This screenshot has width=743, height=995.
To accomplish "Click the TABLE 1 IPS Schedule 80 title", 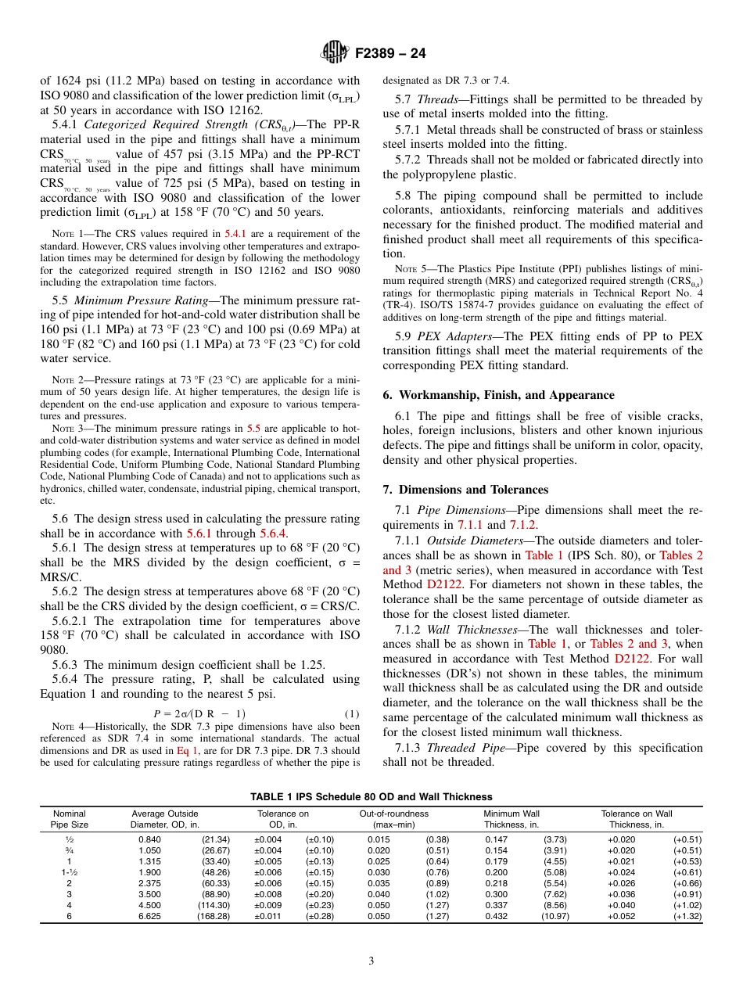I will click(x=371, y=797).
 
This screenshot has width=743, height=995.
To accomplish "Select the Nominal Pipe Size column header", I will click(x=69, y=819).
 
